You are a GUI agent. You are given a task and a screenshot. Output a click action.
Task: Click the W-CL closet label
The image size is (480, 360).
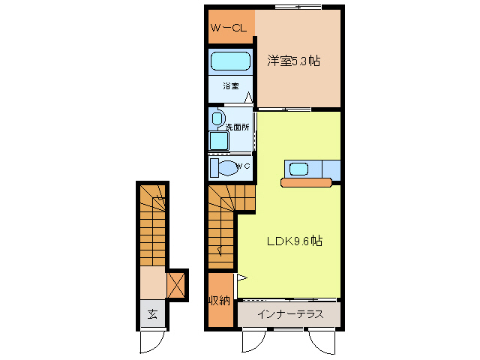[229, 28]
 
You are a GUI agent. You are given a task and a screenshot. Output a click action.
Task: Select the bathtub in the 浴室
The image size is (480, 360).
[230, 61]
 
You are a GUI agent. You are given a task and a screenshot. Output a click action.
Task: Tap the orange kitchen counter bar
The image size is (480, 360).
[306, 181]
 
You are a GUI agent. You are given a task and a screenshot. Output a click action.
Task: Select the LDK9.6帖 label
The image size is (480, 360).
[295, 241]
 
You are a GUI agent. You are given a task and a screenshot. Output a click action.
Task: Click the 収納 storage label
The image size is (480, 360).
[219, 301]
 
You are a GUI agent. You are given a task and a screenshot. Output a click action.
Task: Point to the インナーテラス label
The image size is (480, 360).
[289, 314]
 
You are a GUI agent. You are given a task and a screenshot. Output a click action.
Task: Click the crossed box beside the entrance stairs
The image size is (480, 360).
[176, 285]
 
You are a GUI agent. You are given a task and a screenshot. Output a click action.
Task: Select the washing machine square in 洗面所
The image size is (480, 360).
[219, 141]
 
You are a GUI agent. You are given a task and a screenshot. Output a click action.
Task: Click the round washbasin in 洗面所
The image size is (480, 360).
[218, 118]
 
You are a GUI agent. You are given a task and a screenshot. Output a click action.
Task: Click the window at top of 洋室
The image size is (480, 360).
[298, 7]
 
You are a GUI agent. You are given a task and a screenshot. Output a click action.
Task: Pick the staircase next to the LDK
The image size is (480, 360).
[222, 225]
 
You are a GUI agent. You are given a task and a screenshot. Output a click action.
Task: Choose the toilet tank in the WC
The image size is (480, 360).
[214, 166]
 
